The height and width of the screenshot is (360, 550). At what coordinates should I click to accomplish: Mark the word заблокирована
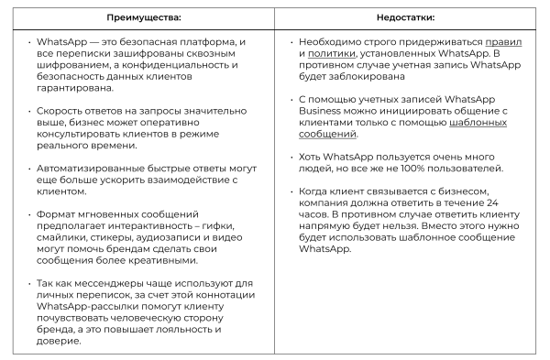pos(368,77)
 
